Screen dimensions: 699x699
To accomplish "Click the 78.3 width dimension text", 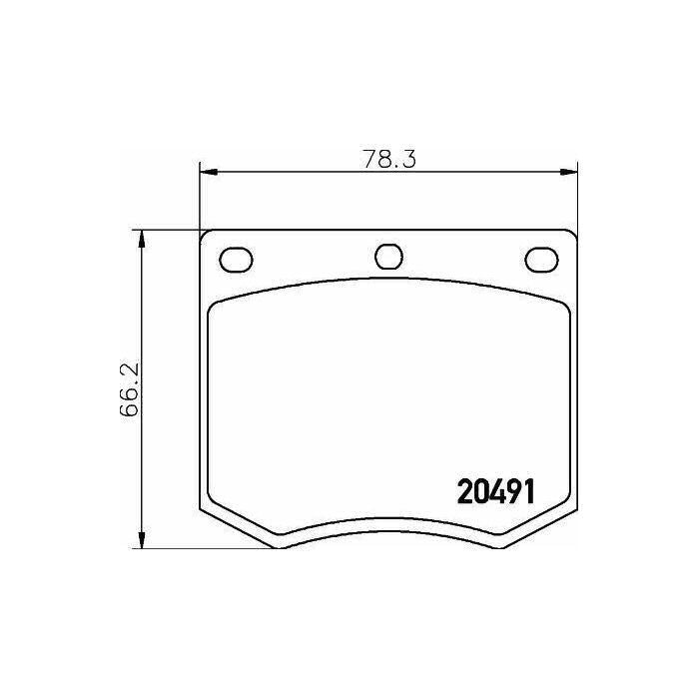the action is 389,159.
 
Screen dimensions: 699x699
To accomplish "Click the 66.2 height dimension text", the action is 130,389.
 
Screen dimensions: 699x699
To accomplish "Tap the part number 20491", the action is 495,491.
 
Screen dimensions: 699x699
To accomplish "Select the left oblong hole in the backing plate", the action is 236,260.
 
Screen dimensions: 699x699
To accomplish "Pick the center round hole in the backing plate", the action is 389,257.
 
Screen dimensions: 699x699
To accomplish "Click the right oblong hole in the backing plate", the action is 541,260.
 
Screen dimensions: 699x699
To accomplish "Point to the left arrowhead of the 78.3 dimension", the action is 208,172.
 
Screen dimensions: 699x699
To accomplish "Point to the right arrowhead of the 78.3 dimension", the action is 568,172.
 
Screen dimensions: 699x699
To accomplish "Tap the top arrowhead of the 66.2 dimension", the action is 142,239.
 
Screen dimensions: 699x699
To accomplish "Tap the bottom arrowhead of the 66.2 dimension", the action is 142,539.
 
